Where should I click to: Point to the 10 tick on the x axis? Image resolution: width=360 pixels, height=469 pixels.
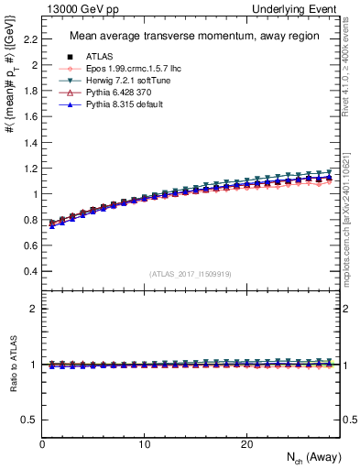tap(144, 443)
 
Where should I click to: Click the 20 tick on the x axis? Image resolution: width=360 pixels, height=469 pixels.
tap(245, 443)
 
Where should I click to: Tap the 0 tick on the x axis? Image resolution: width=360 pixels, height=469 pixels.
tap(42, 443)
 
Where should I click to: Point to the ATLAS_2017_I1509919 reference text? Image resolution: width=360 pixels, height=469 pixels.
tap(191, 274)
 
